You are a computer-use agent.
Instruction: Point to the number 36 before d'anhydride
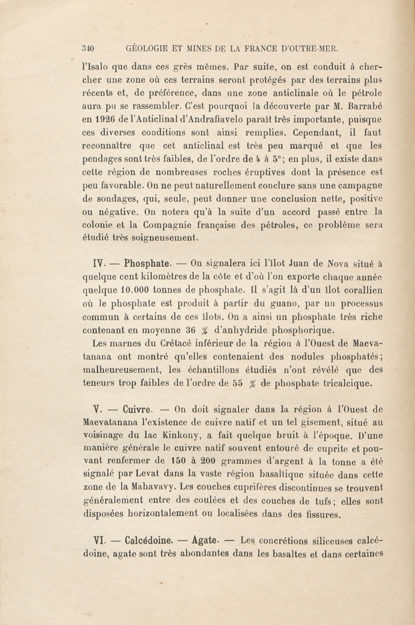pyautogui.click(x=190, y=330)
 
